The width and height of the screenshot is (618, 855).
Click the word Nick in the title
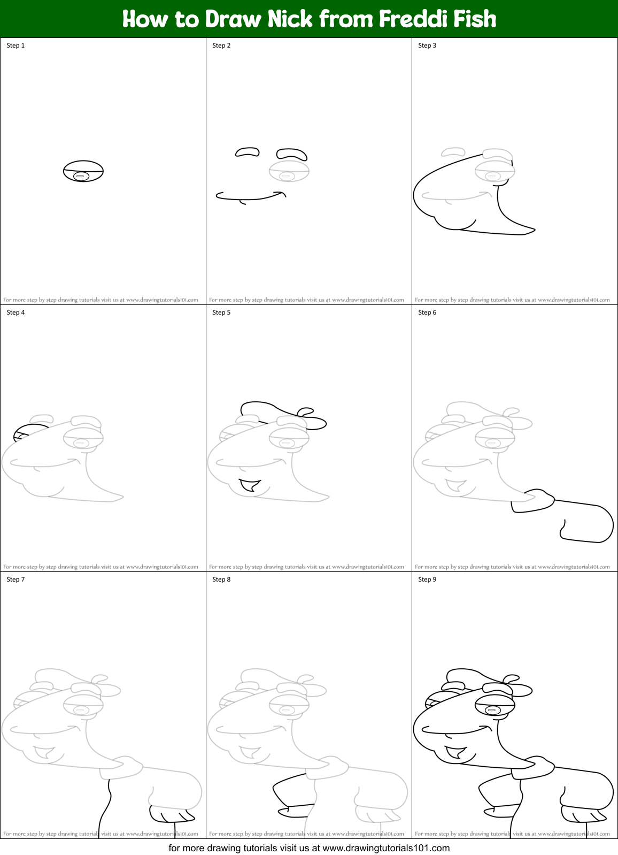pyautogui.click(x=289, y=19)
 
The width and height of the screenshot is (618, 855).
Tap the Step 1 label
pyautogui.click(x=16, y=45)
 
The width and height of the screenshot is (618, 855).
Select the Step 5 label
pyautogui.click(x=221, y=312)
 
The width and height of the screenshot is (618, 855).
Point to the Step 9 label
pyautogui.click(x=427, y=579)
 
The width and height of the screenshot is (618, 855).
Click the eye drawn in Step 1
pyautogui.click(x=83, y=171)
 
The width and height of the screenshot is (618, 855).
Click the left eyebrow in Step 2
pyautogui.click(x=248, y=152)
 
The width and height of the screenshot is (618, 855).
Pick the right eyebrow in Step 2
pyautogui.click(x=292, y=153)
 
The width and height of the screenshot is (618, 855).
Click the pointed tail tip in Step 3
pyautogui.click(x=532, y=231)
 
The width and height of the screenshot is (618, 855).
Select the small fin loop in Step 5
pyautogui.click(x=306, y=411)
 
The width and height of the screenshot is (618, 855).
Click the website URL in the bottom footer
pyautogui.click(x=386, y=848)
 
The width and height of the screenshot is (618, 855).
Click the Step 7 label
pyautogui.click(x=16, y=579)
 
